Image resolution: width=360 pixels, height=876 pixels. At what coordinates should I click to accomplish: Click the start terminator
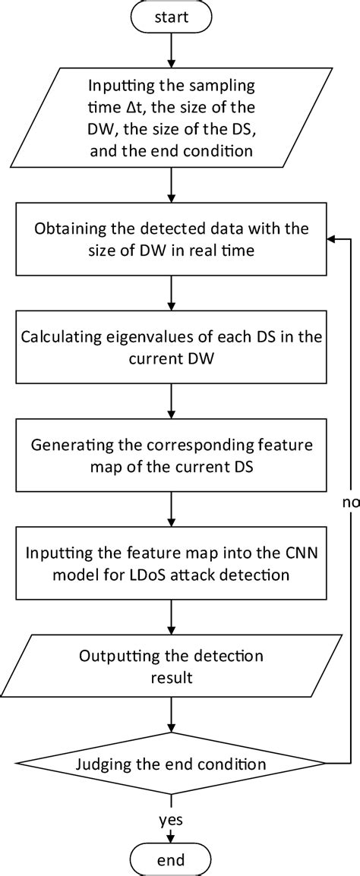(x=174, y=16)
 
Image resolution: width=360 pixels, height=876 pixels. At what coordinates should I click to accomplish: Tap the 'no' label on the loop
(x=350, y=502)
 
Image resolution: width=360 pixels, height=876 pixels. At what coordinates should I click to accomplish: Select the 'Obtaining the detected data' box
(x=174, y=239)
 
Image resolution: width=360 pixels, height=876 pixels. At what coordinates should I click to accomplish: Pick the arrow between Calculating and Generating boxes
(x=174, y=402)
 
